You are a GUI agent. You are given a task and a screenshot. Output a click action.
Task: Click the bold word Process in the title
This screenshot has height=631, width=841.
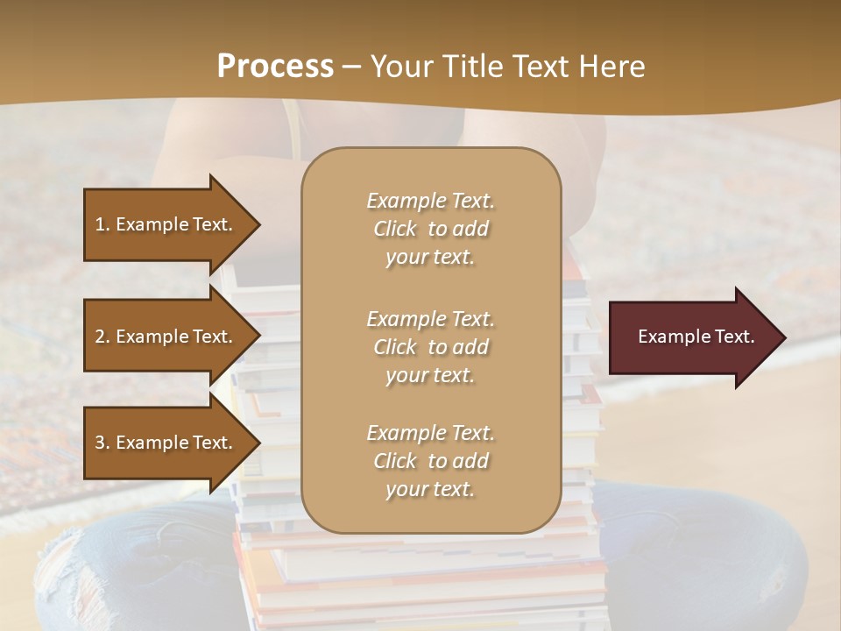click(x=275, y=67)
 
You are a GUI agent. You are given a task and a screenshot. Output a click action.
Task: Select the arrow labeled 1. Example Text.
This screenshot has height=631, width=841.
click(x=166, y=224)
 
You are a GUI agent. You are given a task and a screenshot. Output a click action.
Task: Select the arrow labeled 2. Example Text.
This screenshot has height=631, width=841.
click(x=166, y=337)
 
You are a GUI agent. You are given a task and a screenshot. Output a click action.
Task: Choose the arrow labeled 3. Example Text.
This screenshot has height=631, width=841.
click(x=166, y=443)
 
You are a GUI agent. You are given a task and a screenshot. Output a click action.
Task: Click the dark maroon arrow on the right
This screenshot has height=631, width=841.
click(x=692, y=337)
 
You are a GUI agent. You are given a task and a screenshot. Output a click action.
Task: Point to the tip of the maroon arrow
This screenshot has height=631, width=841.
click(x=784, y=337)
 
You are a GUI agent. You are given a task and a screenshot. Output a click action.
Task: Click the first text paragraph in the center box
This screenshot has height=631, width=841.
click(x=430, y=229)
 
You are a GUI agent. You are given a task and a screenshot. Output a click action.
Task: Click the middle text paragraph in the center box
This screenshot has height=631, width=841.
click(x=430, y=347)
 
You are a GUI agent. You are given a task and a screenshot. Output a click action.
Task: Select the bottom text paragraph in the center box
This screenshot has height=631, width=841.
click(x=430, y=461)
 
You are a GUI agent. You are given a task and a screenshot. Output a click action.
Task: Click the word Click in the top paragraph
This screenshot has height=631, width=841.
click(x=395, y=229)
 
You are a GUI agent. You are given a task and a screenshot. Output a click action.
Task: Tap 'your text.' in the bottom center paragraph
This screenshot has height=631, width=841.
click(x=430, y=489)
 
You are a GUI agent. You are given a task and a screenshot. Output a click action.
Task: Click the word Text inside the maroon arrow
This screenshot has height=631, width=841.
click(x=734, y=337)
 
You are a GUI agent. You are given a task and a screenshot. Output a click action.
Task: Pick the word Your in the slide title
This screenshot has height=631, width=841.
click(x=399, y=67)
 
